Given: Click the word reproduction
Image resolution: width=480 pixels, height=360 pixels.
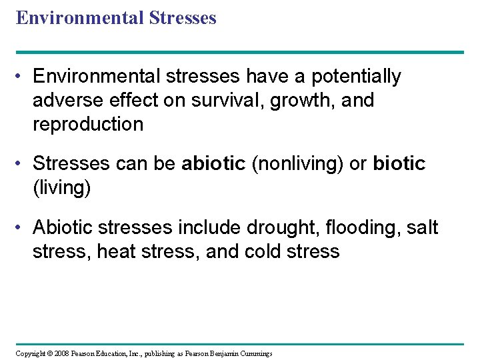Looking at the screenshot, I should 88,125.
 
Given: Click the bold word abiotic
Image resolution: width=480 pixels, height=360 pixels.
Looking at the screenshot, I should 213,163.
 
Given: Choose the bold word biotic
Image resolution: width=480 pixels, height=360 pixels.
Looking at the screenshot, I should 399,163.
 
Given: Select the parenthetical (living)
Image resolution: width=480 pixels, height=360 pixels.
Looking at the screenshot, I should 61,187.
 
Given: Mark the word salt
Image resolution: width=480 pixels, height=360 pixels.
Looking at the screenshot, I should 423,227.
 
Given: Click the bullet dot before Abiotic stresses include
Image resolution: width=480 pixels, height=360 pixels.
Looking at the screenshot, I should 23,228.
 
